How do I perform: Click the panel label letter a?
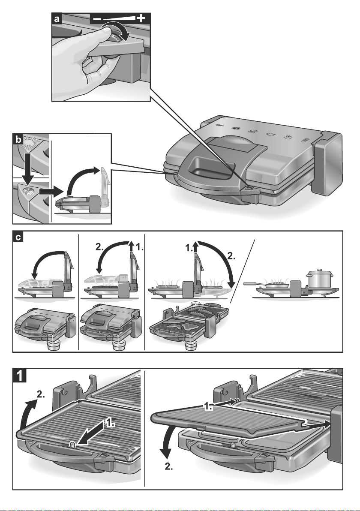point(57,19)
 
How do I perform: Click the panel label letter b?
point(18,140)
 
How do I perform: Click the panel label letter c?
point(18,237)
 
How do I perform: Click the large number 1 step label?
point(20,376)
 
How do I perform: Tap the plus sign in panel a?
point(141,18)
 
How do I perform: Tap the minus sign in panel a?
point(97,19)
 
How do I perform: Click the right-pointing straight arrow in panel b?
point(51,191)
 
